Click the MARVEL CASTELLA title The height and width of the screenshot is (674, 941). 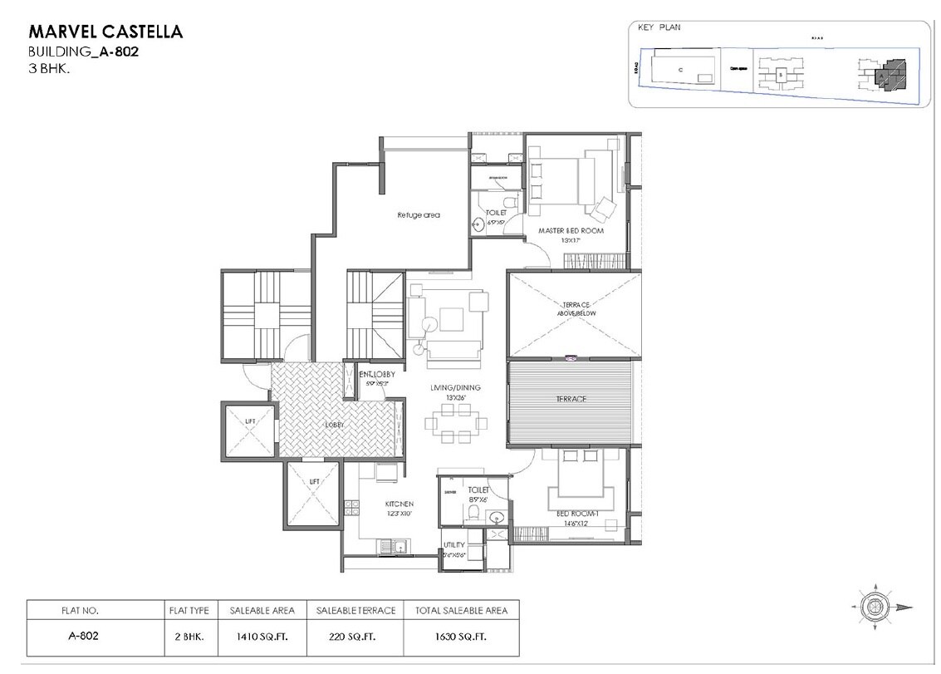(105, 32)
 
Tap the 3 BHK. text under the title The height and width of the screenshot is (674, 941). (49, 71)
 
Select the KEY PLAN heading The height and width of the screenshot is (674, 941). (659, 28)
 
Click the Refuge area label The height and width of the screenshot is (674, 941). (419, 214)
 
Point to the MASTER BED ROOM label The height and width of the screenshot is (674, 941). (571, 230)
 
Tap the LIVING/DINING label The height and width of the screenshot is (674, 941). (455, 387)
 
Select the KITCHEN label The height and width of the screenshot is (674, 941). (399, 504)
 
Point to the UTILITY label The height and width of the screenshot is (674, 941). (454, 545)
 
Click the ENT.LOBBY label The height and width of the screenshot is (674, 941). (376, 375)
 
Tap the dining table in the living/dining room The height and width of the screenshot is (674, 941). (454, 422)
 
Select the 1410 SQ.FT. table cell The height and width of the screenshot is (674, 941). (262, 637)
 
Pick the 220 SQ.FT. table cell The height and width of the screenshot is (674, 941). (355, 637)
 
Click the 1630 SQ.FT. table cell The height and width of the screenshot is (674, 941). (461, 637)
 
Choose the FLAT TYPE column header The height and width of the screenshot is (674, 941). (189, 610)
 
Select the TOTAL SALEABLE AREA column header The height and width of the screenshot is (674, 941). (461, 610)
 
